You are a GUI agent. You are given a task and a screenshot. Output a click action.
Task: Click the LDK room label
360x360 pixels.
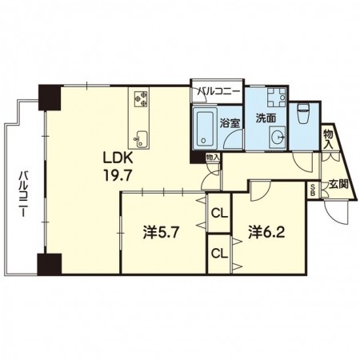[x=118, y=159]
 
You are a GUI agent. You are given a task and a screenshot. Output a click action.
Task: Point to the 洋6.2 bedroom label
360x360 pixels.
[x=267, y=232]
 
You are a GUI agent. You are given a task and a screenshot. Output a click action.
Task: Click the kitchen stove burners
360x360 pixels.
[x=141, y=99]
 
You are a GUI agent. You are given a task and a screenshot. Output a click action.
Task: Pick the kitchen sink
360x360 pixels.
[x=141, y=139]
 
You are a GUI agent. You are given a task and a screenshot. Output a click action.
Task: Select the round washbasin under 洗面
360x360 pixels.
[x=278, y=138]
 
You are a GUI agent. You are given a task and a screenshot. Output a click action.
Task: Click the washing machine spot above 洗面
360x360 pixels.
[x=276, y=98]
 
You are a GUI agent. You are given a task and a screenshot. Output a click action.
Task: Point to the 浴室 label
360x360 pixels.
[x=230, y=123]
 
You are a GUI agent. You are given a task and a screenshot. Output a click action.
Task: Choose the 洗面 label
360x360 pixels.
[x=266, y=118]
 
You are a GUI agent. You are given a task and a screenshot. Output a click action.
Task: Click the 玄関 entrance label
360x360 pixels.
[x=338, y=184]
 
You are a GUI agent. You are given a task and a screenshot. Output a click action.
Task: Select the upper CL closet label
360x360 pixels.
[x=220, y=214]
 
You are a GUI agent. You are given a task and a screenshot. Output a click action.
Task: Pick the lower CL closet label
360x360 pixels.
[x=220, y=254]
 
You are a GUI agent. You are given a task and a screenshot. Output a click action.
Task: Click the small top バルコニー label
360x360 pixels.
[x=218, y=92]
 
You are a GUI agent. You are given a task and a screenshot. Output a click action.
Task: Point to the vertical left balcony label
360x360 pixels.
[x=23, y=194]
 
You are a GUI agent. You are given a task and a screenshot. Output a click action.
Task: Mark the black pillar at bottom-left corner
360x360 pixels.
[x=50, y=264]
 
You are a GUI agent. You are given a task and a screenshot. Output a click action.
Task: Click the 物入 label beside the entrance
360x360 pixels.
[x=329, y=139]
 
